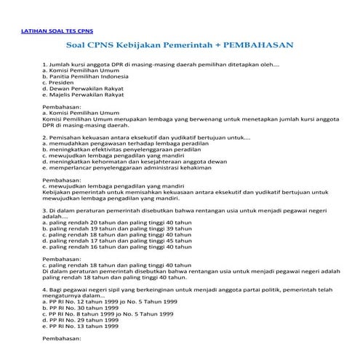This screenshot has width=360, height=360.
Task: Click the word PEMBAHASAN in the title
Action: tap(254, 45)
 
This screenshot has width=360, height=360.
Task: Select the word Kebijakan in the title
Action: tap(150, 45)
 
